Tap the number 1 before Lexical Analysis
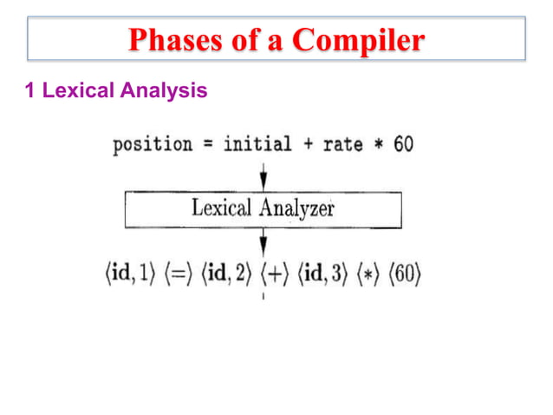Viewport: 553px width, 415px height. (32, 90)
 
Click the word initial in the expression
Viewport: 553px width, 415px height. (257, 144)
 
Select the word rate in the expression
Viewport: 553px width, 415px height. (342, 144)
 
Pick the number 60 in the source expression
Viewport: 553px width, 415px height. (403, 144)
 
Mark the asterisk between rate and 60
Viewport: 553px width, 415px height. (379, 145)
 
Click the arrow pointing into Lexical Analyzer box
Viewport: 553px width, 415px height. (263, 177)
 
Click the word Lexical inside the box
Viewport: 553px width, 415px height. (221, 208)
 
